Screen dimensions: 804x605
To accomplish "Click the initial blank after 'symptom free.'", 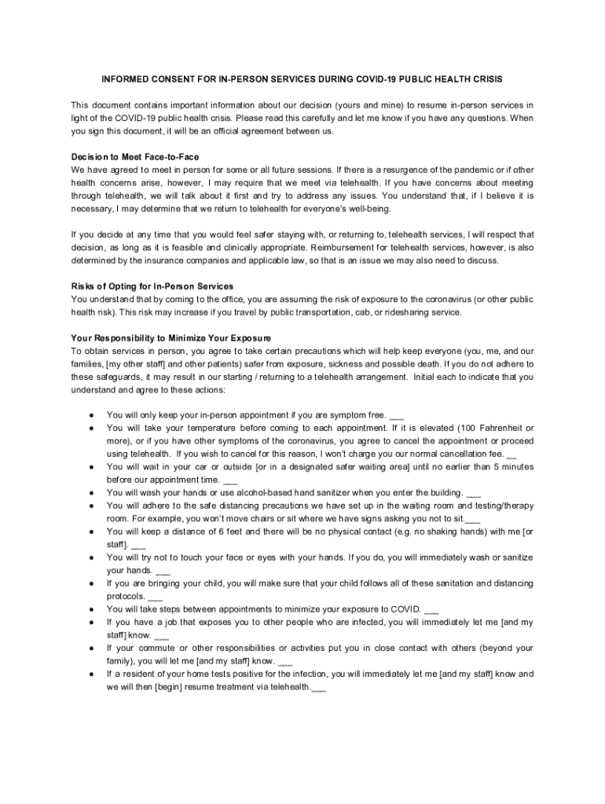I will click(x=397, y=415).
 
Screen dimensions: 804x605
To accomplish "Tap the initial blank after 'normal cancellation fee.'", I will click(x=512, y=454).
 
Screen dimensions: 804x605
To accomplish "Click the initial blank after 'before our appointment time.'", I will click(x=230, y=480).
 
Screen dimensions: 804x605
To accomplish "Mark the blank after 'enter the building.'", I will click(x=474, y=493).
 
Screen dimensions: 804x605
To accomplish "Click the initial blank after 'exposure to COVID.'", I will click(x=431, y=608).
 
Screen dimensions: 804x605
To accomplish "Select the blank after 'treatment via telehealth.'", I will click(x=319, y=686).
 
